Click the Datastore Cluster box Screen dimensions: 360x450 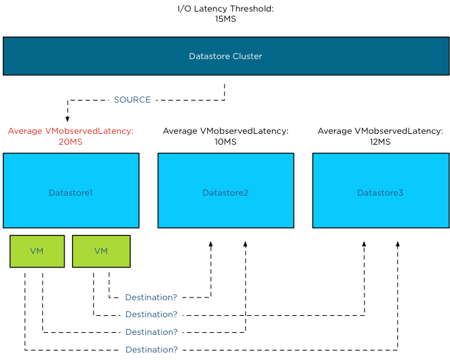(x=225, y=56)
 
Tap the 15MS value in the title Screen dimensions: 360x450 (x=225, y=19)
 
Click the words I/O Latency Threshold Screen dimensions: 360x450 (x=225, y=8)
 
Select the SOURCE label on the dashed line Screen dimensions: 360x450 (x=132, y=100)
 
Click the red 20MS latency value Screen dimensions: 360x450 (x=71, y=142)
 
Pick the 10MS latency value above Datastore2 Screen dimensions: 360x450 (x=225, y=142)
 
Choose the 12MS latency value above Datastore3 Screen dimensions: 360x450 (x=380, y=142)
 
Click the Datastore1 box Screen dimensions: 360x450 (x=71, y=193)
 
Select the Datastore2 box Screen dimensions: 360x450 (x=225, y=193)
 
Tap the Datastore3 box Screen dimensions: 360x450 (x=380, y=193)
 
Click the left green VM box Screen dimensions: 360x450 (x=37, y=251)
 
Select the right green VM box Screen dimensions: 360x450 (x=100, y=251)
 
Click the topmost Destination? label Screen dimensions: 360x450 (x=151, y=298)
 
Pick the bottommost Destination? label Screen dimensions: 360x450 (x=151, y=350)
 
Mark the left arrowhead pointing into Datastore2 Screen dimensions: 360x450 (x=210, y=244)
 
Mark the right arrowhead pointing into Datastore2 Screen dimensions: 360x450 (x=245, y=244)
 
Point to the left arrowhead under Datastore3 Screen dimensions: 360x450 (x=364, y=244)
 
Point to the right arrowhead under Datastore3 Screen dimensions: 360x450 (x=398, y=244)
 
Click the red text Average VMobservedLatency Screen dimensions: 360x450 (x=71, y=131)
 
